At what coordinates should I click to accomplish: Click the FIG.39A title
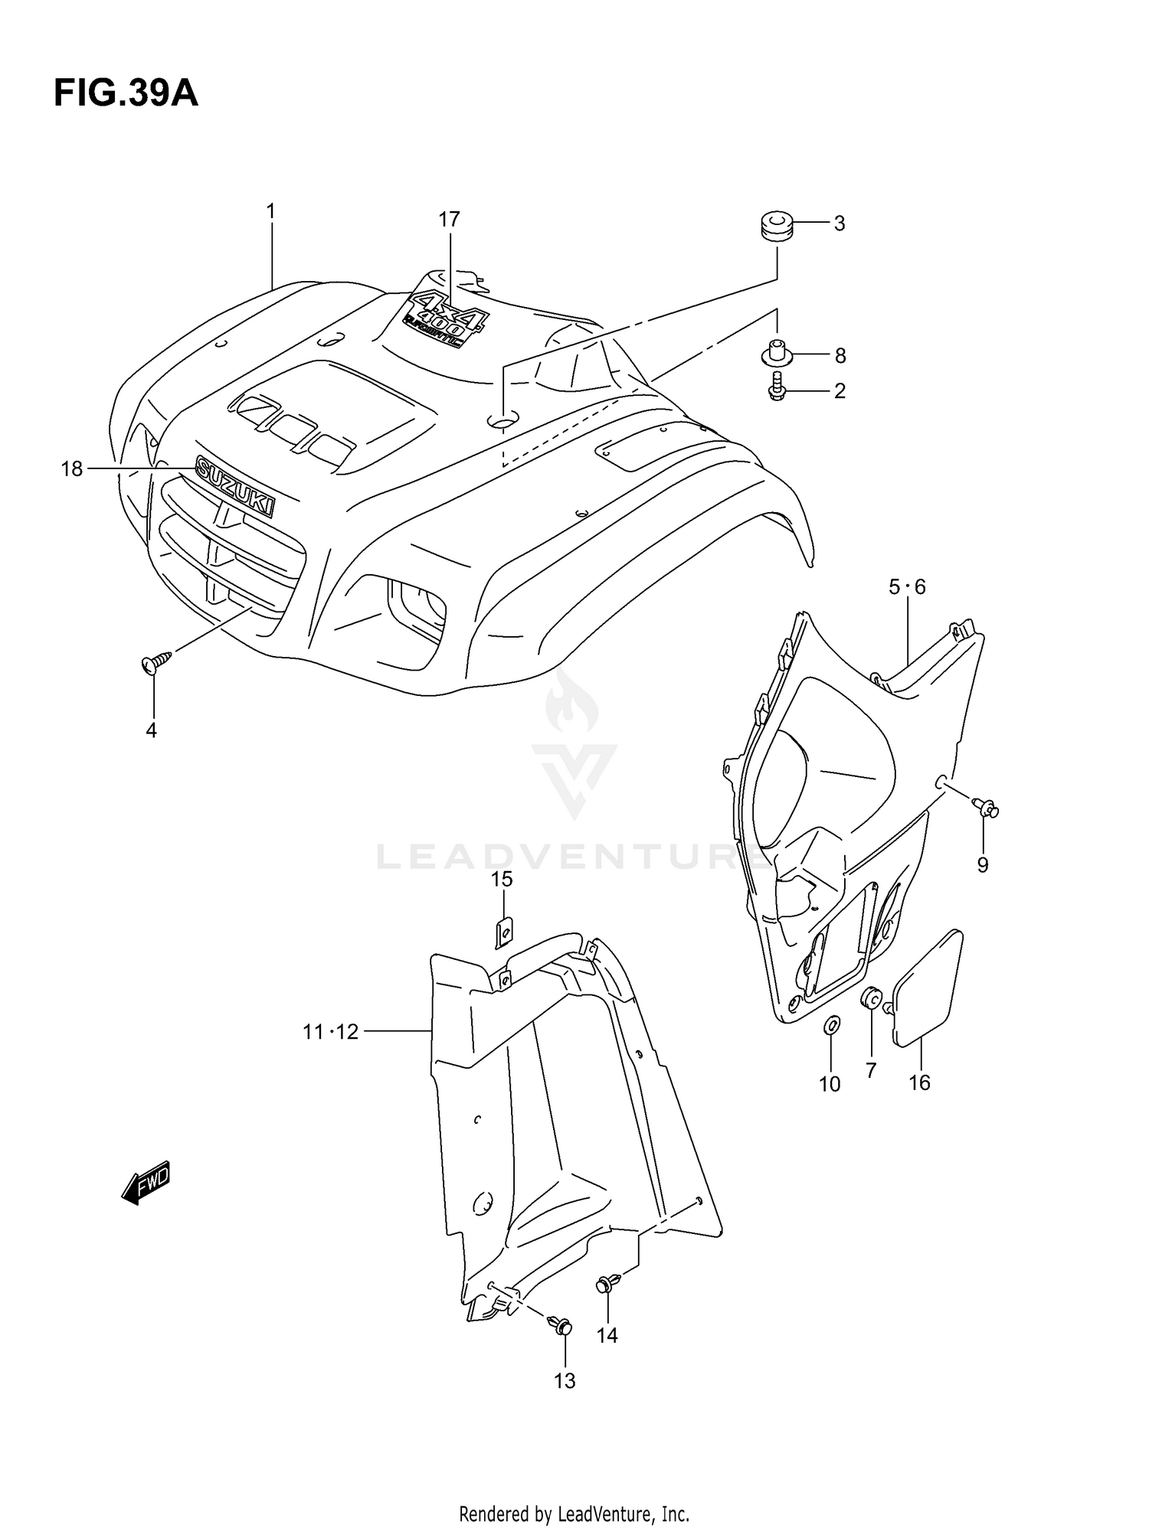click(126, 93)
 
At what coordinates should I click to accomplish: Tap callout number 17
click(449, 220)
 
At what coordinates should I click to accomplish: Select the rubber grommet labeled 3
click(775, 227)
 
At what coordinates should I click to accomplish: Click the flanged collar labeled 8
click(776, 354)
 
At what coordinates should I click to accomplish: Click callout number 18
click(72, 469)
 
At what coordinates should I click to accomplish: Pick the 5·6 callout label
click(907, 587)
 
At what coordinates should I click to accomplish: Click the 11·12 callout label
click(330, 1032)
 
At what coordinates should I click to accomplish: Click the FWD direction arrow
click(146, 1184)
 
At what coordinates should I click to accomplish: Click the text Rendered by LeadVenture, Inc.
click(574, 1513)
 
